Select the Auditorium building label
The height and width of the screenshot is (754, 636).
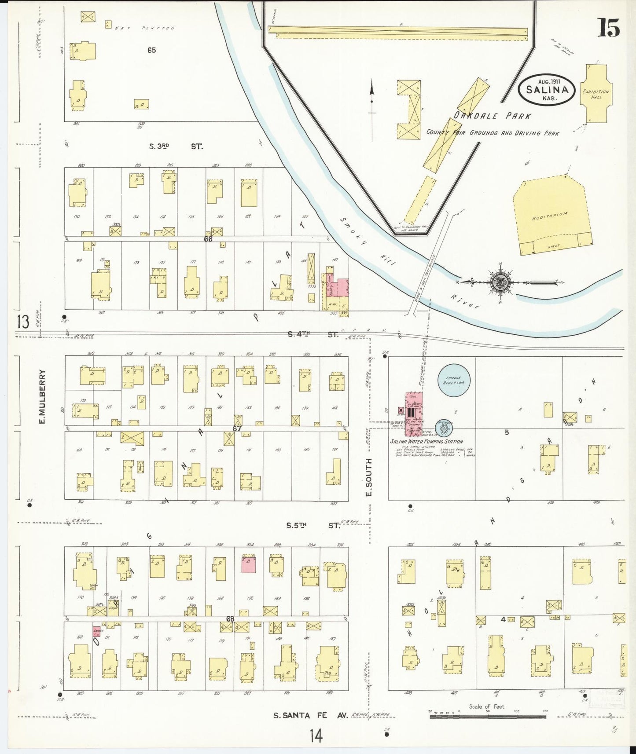tap(550, 216)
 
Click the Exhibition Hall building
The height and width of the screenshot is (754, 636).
tap(596, 94)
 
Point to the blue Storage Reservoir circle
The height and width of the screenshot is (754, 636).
tap(454, 380)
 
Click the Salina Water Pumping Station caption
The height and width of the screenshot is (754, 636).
tap(426, 441)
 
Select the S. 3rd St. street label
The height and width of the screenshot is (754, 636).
tap(176, 146)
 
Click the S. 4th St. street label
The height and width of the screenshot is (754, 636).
tap(313, 334)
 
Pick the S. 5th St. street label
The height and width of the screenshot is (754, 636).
tap(313, 525)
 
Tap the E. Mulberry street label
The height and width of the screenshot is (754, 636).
tap(43, 397)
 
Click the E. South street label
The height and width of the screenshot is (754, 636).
tap(369, 477)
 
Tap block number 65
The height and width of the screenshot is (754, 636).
tap(151, 50)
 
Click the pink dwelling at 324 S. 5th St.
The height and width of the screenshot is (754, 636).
tap(249, 564)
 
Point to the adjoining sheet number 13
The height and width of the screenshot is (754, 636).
tap(23, 322)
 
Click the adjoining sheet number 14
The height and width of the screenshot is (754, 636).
tap(316, 735)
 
